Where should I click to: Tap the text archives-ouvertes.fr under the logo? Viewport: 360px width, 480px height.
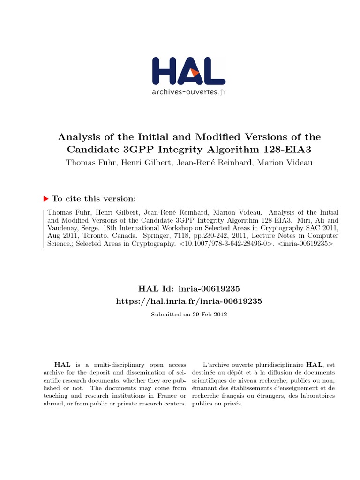(188, 92)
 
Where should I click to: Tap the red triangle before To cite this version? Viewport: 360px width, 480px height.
(45, 198)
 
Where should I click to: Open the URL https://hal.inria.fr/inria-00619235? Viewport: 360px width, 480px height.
(189, 301)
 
